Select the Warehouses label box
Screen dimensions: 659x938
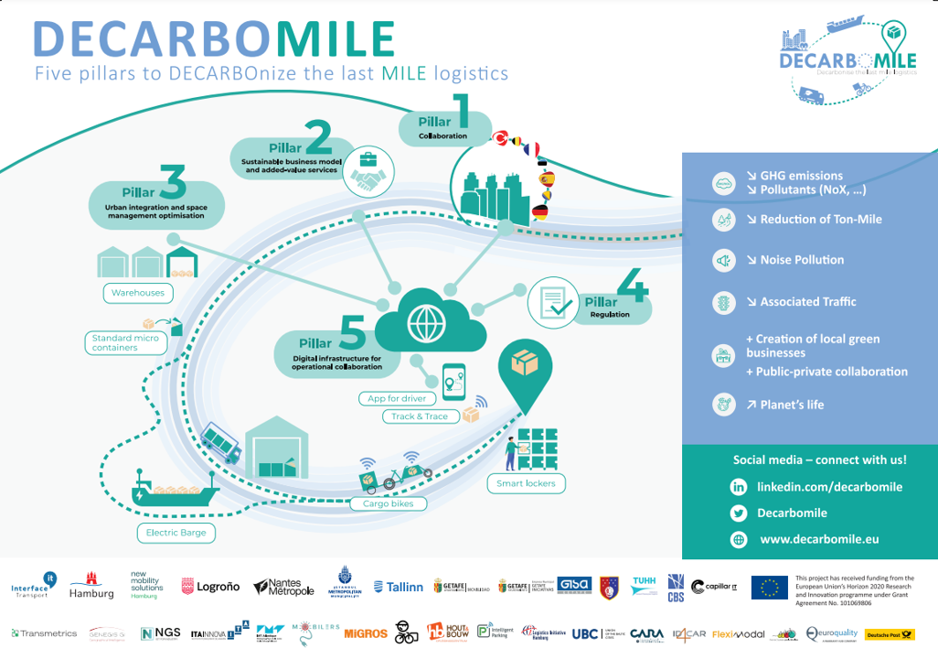point(138,293)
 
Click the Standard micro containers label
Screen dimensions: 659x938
point(125,343)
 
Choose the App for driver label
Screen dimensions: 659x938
point(397,398)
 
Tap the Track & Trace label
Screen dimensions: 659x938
point(420,416)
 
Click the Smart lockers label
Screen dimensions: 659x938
point(526,483)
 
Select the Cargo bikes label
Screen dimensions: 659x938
point(388,503)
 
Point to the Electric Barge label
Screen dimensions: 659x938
point(176,532)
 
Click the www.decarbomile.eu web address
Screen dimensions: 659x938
point(819,539)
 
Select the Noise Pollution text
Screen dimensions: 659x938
point(802,260)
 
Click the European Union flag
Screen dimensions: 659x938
point(769,588)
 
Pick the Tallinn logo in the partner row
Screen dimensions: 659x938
point(400,587)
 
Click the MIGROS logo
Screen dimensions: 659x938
point(366,633)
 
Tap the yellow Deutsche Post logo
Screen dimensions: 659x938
point(890,634)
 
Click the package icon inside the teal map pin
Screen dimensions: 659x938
point(524,363)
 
